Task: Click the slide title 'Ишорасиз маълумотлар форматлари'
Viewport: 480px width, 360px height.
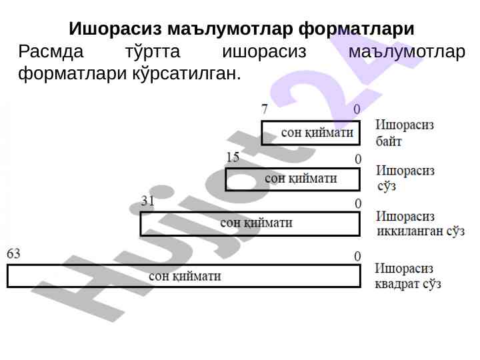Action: point(241,30)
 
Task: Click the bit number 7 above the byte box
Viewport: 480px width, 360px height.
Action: point(265,109)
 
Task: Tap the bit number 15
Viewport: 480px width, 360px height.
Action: point(233,157)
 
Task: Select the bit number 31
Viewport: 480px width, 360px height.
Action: point(147,201)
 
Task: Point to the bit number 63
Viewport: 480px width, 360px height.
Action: point(13,253)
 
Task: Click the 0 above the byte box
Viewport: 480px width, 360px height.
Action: point(357,109)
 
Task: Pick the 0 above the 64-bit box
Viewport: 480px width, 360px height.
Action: point(357,256)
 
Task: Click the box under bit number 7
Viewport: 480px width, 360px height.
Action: point(310,133)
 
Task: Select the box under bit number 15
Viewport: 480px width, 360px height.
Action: point(293,179)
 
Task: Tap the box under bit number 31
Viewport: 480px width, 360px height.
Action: point(249,223)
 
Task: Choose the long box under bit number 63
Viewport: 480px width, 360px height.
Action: point(183,276)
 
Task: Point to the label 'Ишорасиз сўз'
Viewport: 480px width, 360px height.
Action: point(405,178)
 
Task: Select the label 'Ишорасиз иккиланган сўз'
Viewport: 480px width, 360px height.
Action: point(420,224)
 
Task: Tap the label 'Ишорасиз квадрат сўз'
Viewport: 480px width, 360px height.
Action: point(407,276)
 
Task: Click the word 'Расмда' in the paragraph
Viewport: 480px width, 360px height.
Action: point(52,52)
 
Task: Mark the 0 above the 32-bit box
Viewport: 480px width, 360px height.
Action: point(357,203)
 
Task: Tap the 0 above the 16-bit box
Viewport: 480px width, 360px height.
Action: point(357,159)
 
